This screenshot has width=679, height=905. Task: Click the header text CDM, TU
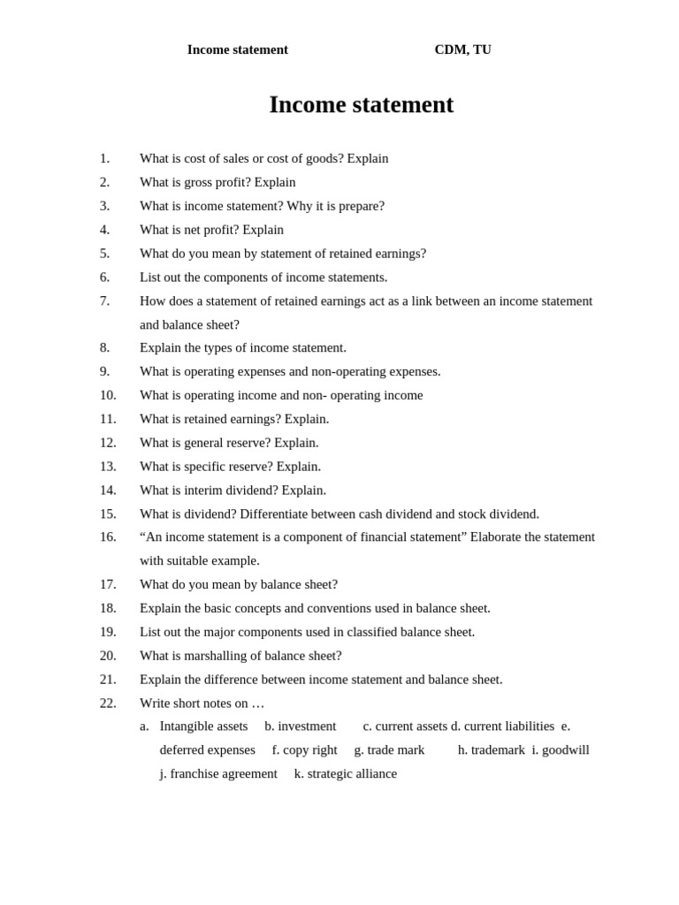[x=462, y=49]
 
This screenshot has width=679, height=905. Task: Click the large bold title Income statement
[x=361, y=105]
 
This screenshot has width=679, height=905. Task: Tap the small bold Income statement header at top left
[x=237, y=49]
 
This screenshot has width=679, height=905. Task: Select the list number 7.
[x=104, y=300]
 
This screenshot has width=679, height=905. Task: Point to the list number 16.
[x=108, y=536]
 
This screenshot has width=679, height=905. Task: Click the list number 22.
[x=108, y=703]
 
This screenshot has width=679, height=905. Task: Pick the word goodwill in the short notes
[x=565, y=749]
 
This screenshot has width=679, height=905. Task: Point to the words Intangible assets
[x=203, y=726]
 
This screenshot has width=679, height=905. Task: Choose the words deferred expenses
[x=207, y=749]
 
